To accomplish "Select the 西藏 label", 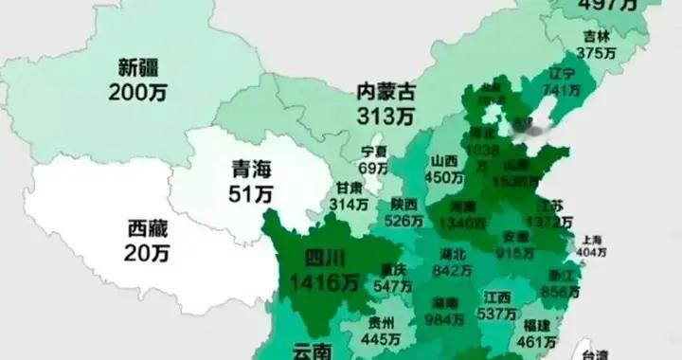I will [147, 229].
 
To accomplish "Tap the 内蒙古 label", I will [386, 92].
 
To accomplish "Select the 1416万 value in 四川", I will [326, 281].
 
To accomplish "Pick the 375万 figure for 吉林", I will [596, 53].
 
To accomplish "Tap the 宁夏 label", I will [374, 152].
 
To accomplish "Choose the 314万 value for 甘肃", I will [348, 205].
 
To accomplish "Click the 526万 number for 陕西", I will [404, 221].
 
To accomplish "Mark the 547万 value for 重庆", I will [390, 285].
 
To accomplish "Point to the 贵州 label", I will [382, 323].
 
